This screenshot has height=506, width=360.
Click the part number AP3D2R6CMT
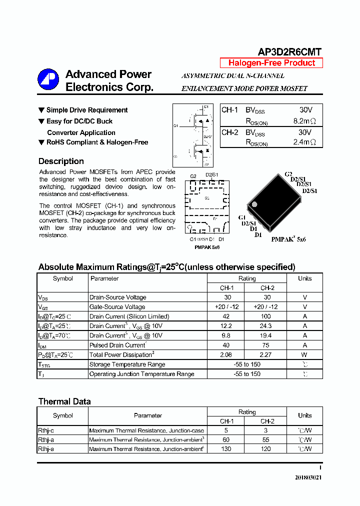tap(289, 52)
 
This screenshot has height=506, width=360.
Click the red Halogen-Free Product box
tap(271, 63)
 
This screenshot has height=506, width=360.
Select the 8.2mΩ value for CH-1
tap(304, 121)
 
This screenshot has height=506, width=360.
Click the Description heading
tap(61, 161)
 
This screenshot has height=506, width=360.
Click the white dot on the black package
tap(254, 204)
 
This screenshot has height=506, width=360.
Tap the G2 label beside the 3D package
tap(288, 174)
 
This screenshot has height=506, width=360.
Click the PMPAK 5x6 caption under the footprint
tap(207, 247)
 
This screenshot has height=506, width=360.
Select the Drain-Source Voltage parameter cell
tap(118, 297)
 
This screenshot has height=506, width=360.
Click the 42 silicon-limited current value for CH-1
tap(226, 316)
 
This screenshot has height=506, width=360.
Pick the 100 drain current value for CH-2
tap(266, 316)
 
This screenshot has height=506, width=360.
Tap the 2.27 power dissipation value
tap(266, 354)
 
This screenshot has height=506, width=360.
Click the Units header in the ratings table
tap(304, 278)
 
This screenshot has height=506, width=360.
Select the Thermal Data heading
tap(64, 401)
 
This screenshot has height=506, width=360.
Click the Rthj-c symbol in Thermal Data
tap(46, 430)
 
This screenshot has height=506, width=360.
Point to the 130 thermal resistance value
tap(226, 449)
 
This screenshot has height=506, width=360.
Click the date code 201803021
tap(308, 477)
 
